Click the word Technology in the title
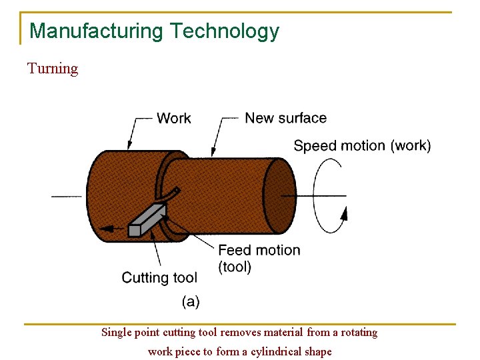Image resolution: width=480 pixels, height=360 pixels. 224,31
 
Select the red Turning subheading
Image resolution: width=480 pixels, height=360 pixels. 53,69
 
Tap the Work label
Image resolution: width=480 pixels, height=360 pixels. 173,118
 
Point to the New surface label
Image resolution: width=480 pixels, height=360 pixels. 285,118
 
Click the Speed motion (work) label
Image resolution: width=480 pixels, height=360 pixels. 362,145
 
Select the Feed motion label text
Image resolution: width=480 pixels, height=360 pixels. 259,251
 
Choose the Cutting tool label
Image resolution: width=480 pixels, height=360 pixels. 159,277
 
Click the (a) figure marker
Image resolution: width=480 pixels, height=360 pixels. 191,301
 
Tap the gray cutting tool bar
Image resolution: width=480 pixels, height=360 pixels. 147,220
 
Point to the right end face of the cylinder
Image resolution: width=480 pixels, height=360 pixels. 279,195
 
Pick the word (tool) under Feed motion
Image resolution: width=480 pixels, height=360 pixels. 235,267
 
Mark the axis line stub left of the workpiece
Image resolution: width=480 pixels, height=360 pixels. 67,196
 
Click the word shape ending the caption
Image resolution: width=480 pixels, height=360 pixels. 317,351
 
